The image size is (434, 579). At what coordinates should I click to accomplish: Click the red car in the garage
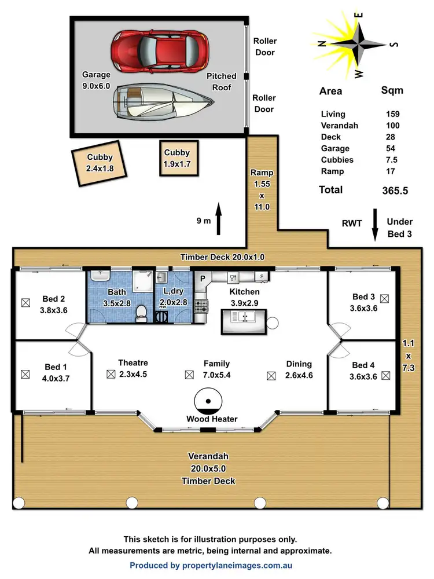point(159,50)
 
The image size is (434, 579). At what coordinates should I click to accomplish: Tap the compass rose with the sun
point(357,45)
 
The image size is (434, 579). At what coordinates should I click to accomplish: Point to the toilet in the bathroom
point(141,313)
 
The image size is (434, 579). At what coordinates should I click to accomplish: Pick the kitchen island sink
point(242,318)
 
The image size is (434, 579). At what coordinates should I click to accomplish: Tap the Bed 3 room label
point(363,297)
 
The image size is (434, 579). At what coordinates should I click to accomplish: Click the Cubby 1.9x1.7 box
point(177,158)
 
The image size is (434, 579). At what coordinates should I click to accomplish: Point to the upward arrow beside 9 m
point(219,219)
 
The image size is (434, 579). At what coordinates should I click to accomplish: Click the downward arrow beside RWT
point(374,224)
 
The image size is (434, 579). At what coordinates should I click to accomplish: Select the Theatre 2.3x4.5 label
point(133,368)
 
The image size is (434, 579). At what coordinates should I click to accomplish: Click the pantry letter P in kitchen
point(203,278)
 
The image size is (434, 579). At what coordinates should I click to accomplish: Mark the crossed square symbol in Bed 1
point(25,374)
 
